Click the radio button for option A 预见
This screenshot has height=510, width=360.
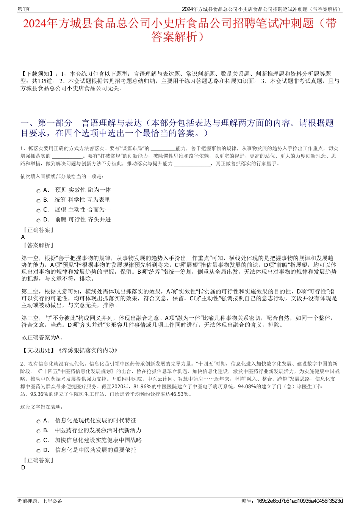click(x=38, y=191)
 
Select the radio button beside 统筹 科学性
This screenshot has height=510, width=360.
click(x=38, y=201)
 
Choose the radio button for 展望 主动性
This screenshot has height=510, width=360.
click(x=38, y=211)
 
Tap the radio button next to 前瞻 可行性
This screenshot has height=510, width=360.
click(x=38, y=221)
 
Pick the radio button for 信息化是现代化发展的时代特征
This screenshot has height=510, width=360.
click(x=38, y=422)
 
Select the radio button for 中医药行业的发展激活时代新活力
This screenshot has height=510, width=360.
click(x=38, y=432)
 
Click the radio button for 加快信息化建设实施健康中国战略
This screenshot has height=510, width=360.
click(x=38, y=441)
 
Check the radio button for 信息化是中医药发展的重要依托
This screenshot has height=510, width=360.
click(x=38, y=451)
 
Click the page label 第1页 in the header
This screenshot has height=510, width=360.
click(x=23, y=9)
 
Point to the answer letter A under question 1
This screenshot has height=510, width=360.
click(x=23, y=237)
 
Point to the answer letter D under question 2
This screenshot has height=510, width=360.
click(x=23, y=468)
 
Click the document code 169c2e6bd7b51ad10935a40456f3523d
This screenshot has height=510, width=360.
click(x=299, y=501)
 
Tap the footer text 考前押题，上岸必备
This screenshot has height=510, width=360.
click(x=40, y=501)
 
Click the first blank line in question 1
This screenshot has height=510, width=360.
click(x=163, y=149)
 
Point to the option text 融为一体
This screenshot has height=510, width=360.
click(x=99, y=190)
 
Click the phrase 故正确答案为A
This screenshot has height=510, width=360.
click(x=42, y=337)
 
